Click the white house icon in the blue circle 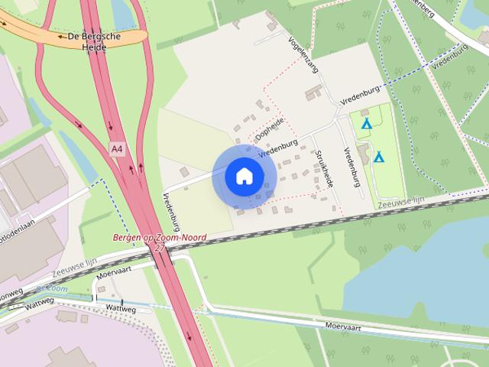244,177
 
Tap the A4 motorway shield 117,149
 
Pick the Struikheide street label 325,168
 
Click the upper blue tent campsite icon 366,123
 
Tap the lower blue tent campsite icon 379,157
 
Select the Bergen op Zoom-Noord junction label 159,238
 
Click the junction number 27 159,248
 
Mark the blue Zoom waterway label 53,290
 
